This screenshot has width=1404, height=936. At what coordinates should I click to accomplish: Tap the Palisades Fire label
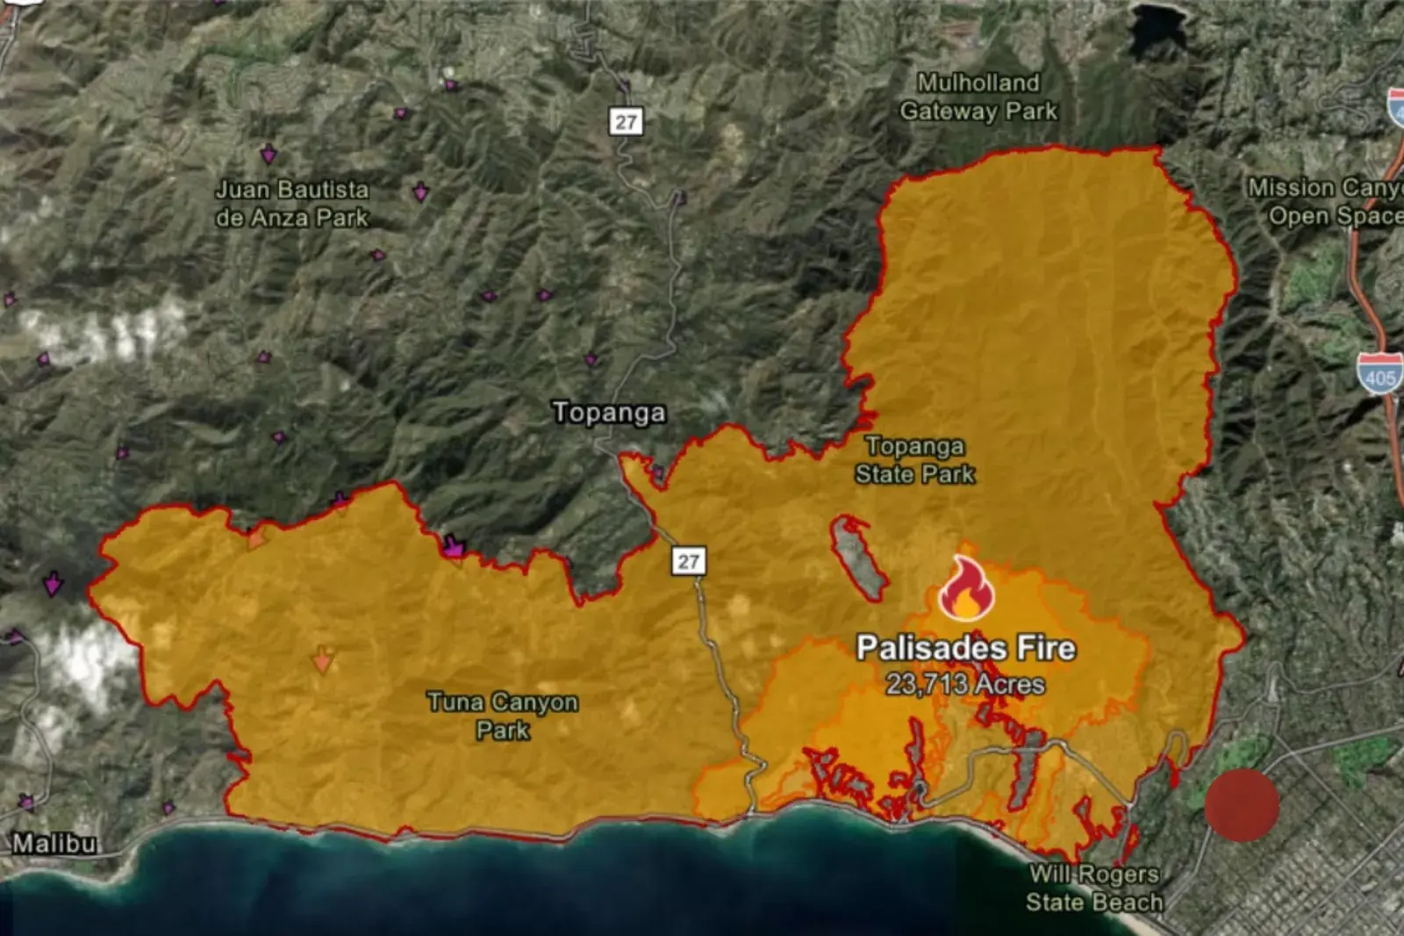point(965,648)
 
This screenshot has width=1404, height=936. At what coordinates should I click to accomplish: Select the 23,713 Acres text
point(965,684)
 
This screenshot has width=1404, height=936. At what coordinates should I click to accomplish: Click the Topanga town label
point(609,413)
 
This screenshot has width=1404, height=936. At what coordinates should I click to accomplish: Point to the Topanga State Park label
point(914,460)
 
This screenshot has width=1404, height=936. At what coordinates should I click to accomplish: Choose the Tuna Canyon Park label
point(503,716)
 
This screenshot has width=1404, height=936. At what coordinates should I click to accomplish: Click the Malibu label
point(54,844)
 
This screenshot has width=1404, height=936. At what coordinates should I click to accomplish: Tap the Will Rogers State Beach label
point(1094,888)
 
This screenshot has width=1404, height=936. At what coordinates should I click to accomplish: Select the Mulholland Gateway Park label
point(978,97)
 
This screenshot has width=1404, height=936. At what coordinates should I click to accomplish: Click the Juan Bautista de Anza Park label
point(292,203)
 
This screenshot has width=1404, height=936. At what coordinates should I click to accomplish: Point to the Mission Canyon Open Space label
point(1325,201)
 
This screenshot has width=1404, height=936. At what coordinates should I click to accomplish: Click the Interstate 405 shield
point(1379,372)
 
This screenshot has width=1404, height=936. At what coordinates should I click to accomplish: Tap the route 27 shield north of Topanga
point(626,120)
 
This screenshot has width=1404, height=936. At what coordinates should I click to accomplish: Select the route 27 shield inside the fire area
point(689,561)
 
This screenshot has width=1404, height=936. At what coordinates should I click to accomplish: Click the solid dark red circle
point(1242,805)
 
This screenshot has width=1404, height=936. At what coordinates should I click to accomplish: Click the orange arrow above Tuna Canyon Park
point(323,659)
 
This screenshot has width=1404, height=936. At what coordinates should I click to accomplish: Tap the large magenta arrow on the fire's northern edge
point(454,546)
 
